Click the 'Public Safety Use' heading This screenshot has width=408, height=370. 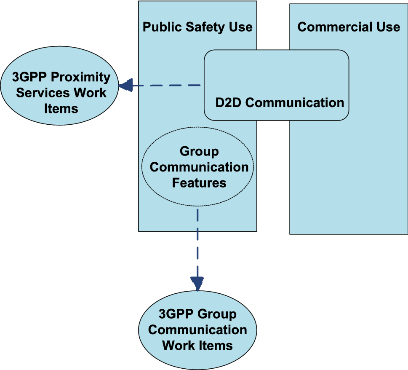[x=197, y=27]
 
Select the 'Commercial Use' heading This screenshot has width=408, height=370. [x=349, y=27]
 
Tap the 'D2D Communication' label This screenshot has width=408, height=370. [x=280, y=103]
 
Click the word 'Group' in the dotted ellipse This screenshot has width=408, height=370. [x=199, y=151]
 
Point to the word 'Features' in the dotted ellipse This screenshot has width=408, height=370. [x=199, y=183]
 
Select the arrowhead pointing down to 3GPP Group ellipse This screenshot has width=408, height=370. [x=197, y=283]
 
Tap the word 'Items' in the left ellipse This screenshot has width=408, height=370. [x=61, y=109]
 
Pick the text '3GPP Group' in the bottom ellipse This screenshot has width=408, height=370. [x=197, y=314]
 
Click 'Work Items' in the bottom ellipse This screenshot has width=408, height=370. [x=197, y=346]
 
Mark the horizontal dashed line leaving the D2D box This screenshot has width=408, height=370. [x=168, y=86]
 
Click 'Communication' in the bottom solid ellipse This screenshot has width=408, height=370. [x=197, y=330]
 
